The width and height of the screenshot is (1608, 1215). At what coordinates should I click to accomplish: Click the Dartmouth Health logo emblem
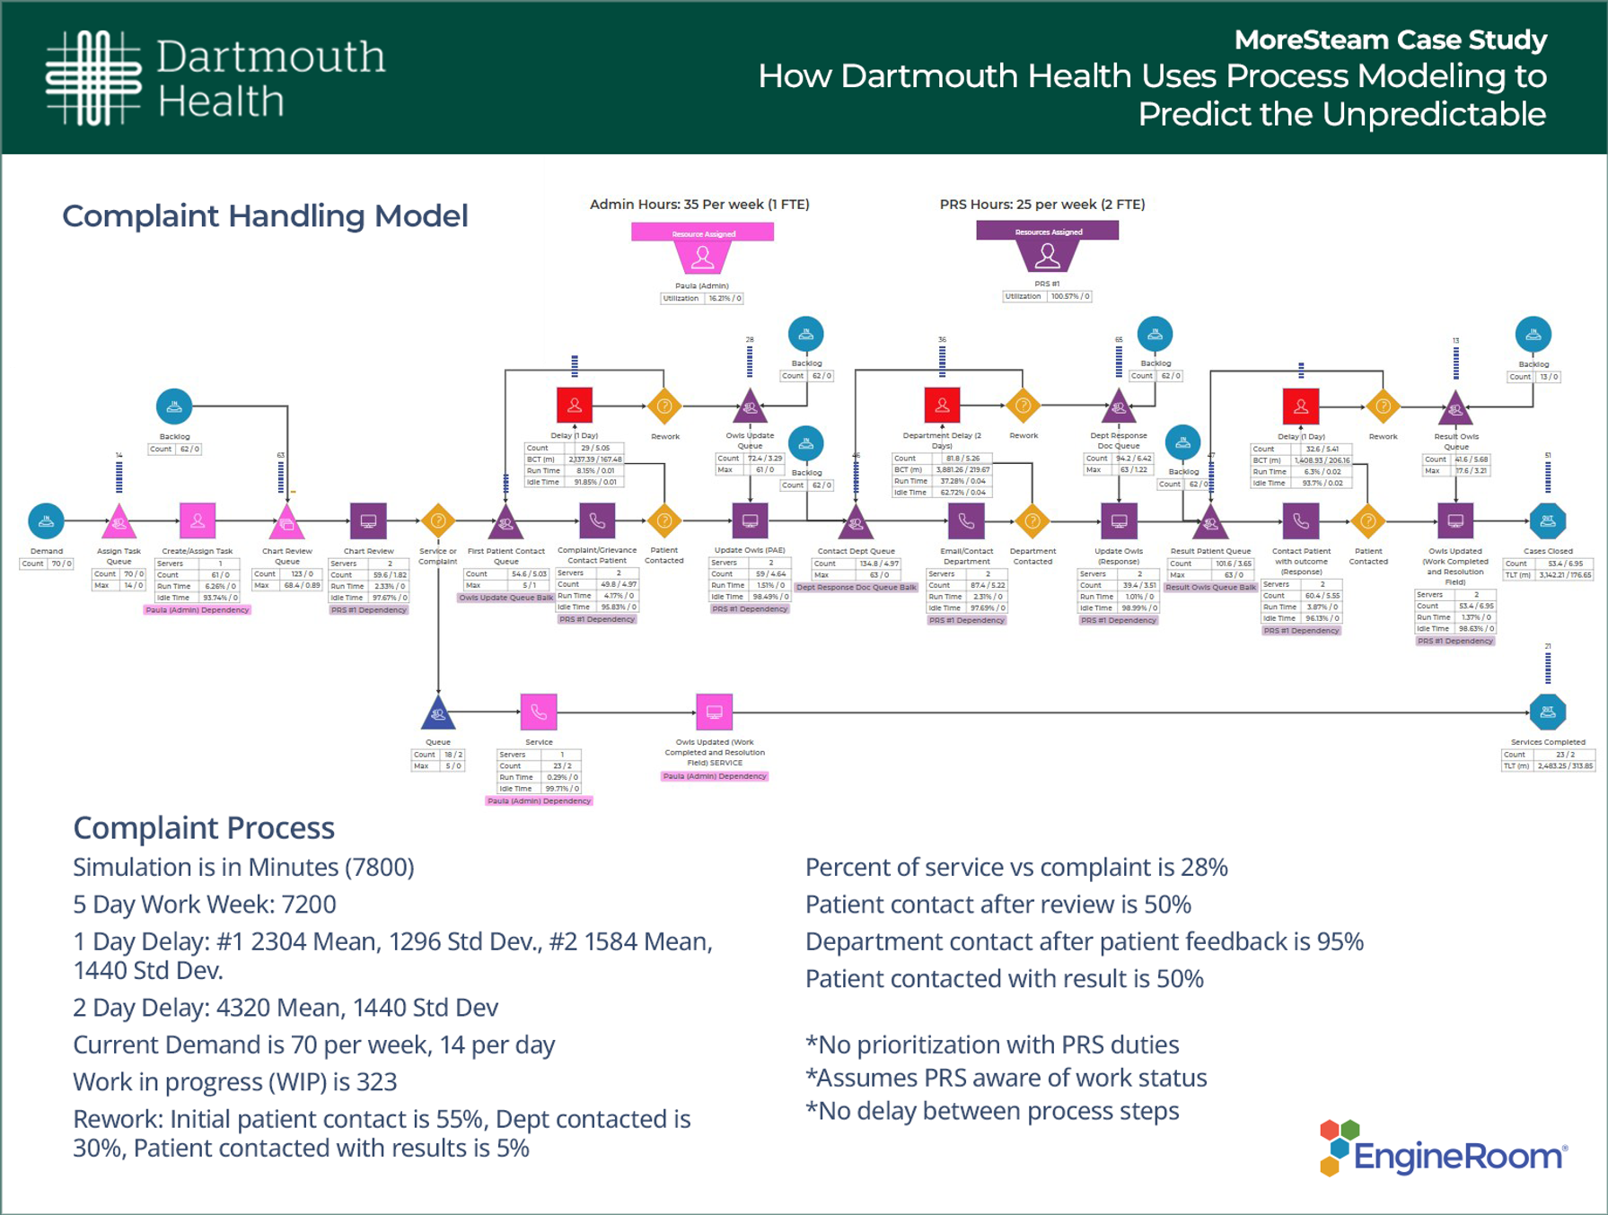tap(93, 77)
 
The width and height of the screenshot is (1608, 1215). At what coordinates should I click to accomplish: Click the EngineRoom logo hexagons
tap(1338, 1147)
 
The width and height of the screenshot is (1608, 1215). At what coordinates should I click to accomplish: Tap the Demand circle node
tap(46, 520)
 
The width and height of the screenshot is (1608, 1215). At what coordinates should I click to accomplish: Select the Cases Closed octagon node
tap(1547, 520)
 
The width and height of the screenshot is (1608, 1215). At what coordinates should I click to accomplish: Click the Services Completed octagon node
tap(1547, 712)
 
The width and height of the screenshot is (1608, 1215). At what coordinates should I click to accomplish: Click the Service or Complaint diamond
tap(438, 520)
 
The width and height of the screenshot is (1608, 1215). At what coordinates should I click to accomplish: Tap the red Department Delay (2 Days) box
tap(942, 406)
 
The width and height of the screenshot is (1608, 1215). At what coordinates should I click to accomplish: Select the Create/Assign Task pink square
tap(198, 520)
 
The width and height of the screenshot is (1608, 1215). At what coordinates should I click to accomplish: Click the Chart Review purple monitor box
tap(368, 520)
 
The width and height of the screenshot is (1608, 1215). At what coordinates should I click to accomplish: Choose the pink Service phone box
tap(539, 712)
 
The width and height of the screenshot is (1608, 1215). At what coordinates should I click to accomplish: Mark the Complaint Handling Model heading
tap(265, 216)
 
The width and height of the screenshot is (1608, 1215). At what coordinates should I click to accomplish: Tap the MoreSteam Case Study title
tap(1390, 40)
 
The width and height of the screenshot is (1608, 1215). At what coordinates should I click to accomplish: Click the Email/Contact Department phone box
tap(966, 520)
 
